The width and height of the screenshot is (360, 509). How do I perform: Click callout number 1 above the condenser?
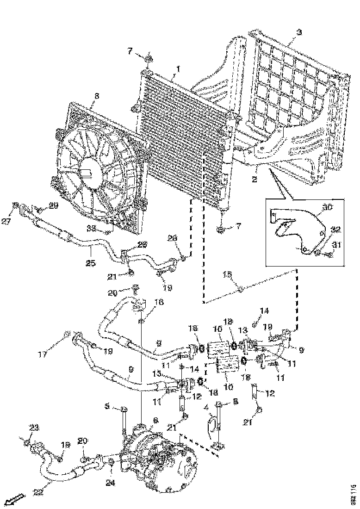pos(176,71)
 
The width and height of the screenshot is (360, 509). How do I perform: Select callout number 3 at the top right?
pos(299,32)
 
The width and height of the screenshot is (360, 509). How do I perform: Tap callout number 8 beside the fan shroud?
pos(96,96)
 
